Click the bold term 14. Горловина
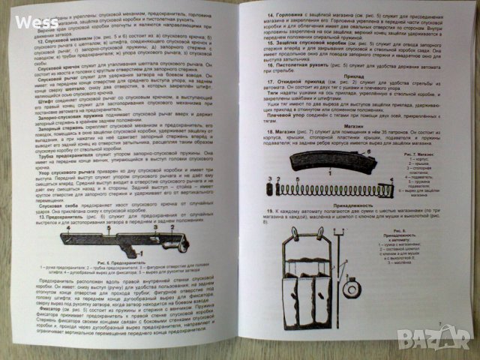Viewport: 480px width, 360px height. [x=277, y=15]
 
